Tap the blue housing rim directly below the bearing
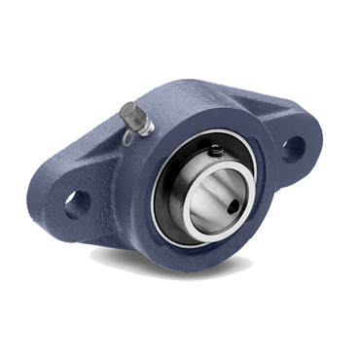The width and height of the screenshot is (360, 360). [209, 255]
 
